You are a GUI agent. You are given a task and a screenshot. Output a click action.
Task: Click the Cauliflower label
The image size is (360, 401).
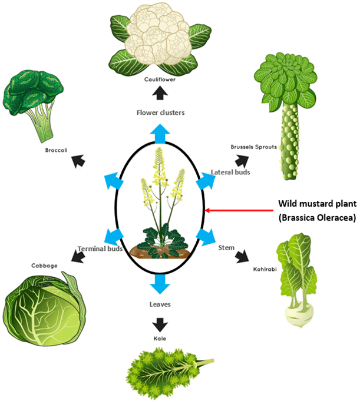(x=159, y=79)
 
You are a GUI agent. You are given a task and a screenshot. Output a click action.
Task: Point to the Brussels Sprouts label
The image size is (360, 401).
(x=255, y=147)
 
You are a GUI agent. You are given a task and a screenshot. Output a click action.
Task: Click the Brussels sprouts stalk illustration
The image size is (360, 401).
(x=283, y=118)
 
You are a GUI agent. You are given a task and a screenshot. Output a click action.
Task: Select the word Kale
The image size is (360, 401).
(x=159, y=340)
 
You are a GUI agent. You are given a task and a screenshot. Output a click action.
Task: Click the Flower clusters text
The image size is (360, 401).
(x=160, y=112)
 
